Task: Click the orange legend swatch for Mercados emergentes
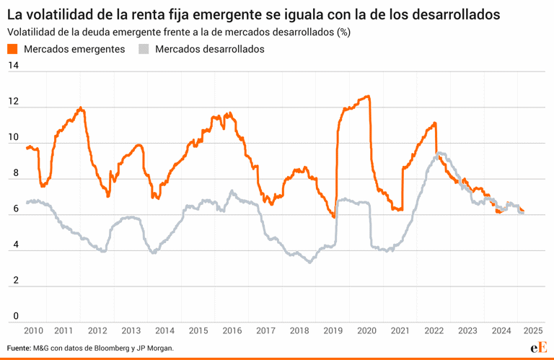coord(12,49)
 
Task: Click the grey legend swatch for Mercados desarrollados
coord(144,49)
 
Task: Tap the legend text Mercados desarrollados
coord(209,49)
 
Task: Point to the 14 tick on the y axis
coord(12,66)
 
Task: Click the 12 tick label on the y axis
coord(12,102)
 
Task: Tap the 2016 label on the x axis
coord(232,330)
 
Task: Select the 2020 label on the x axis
coord(366,330)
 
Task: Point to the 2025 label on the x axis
coord(534,330)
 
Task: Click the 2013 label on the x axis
coord(131,330)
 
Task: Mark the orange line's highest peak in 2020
coord(368,96)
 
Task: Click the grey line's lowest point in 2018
coord(310,262)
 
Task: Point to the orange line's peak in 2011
coord(81,108)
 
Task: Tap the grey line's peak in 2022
coord(439,153)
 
